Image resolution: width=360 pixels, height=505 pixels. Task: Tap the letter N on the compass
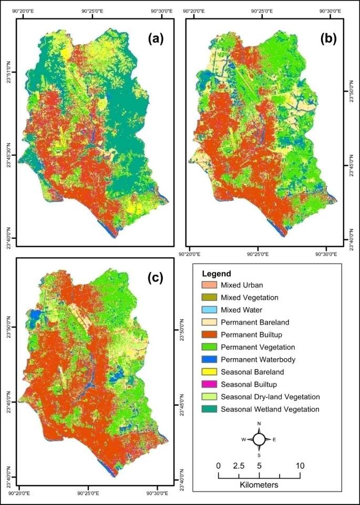[259, 424]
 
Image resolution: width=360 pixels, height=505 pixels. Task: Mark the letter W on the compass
[243, 439]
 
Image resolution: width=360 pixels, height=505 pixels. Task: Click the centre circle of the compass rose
[259, 439]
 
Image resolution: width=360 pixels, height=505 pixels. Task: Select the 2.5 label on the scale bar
[239, 466]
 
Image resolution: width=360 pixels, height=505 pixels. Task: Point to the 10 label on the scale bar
[300, 466]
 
